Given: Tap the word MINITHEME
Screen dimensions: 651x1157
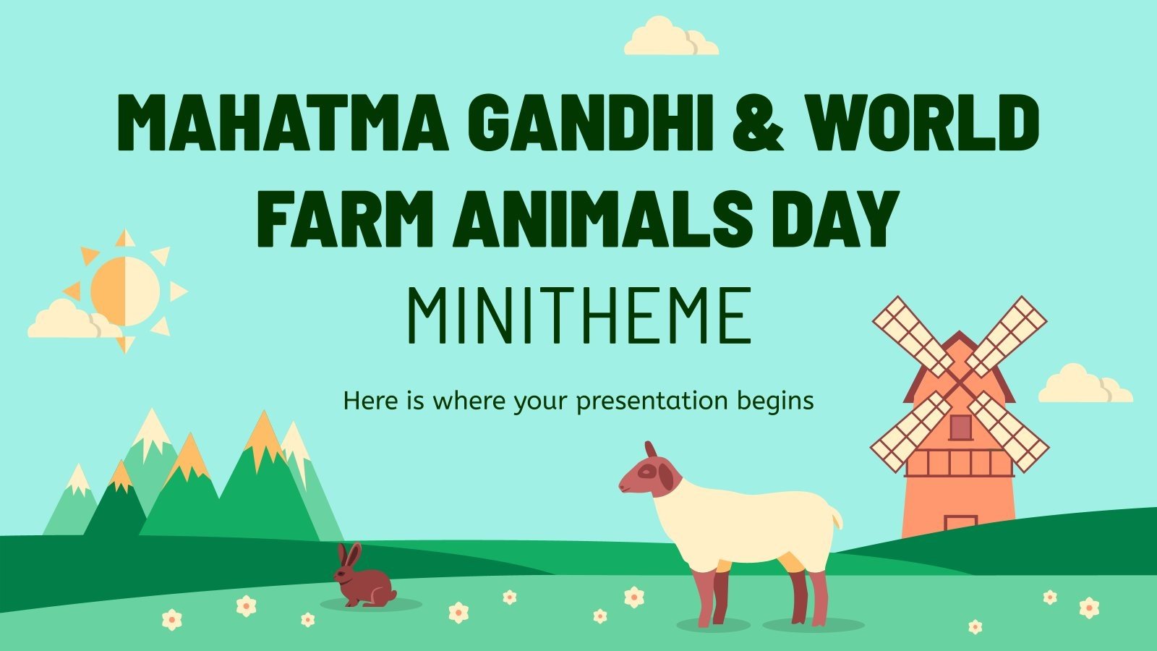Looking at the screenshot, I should click(578, 317).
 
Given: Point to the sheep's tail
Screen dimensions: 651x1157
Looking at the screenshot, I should click(835, 516).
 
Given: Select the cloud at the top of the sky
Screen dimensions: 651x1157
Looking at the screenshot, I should click(670, 38).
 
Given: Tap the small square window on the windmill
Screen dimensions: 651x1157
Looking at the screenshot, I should click(960, 427).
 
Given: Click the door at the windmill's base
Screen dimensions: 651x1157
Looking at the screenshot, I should click(960, 525).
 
